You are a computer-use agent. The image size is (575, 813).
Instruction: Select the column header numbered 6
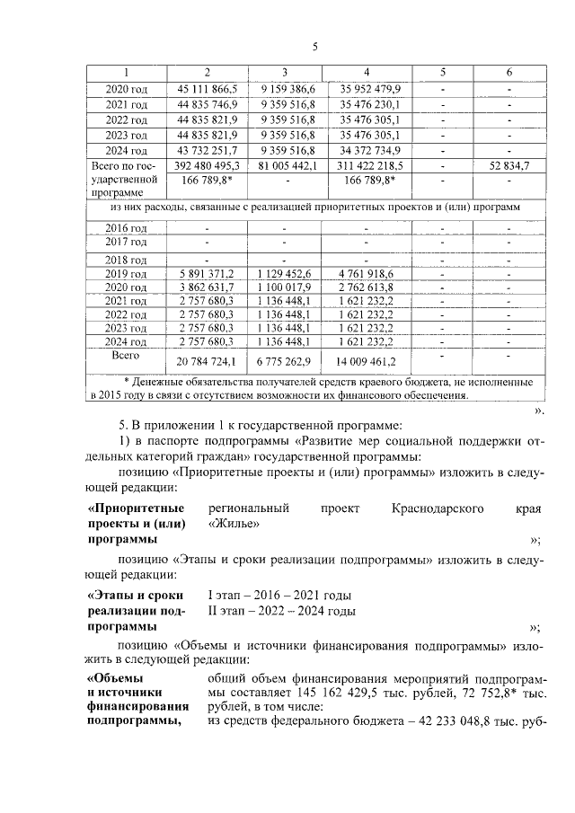[509, 72]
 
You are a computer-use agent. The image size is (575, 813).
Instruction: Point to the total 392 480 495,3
[208, 165]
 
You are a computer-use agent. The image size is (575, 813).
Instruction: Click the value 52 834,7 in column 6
[509, 165]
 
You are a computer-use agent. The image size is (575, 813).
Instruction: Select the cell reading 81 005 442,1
[286, 165]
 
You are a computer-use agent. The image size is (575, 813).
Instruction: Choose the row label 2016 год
[127, 227]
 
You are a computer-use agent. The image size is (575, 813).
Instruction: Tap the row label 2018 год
[127, 259]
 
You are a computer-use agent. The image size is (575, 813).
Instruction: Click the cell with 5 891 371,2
[208, 273]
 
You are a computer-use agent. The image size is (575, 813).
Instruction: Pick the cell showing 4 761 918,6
[366, 273]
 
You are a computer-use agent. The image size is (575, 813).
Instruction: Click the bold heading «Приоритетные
[133, 508]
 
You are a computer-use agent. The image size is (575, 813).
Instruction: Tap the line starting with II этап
[269, 611]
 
